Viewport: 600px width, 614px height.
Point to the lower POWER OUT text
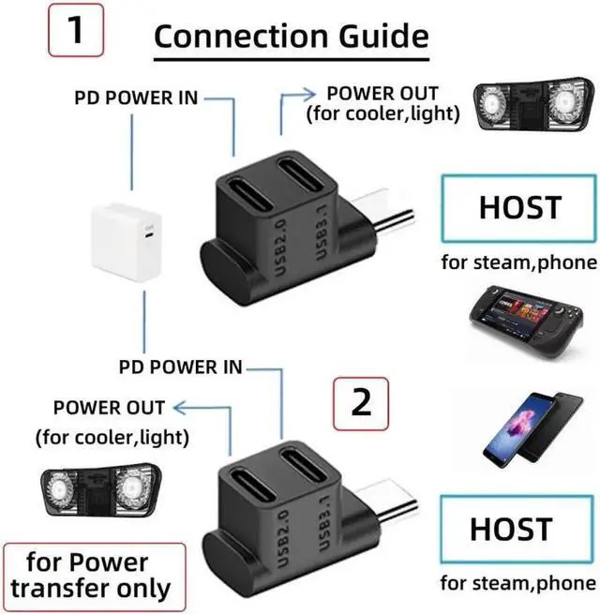pyautogui.click(x=109, y=408)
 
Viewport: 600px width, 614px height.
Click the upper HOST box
pyautogui.click(x=519, y=209)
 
